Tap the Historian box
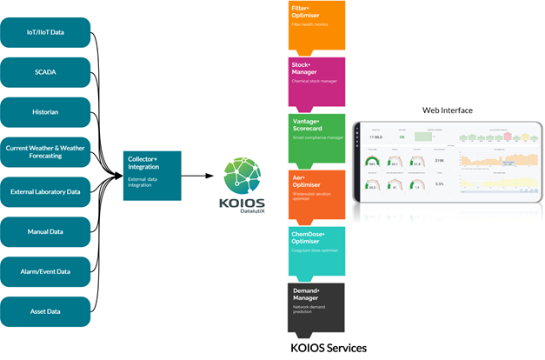tap(45, 113)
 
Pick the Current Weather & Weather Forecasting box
tap(45, 152)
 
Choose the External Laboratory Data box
tap(45, 191)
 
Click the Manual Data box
tap(45, 231)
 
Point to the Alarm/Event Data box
tap(45, 270)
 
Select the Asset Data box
tap(45, 310)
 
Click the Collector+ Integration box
tap(153, 173)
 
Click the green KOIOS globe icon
tap(246, 170)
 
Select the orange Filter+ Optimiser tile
tap(316, 25)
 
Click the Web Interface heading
tap(447, 110)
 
